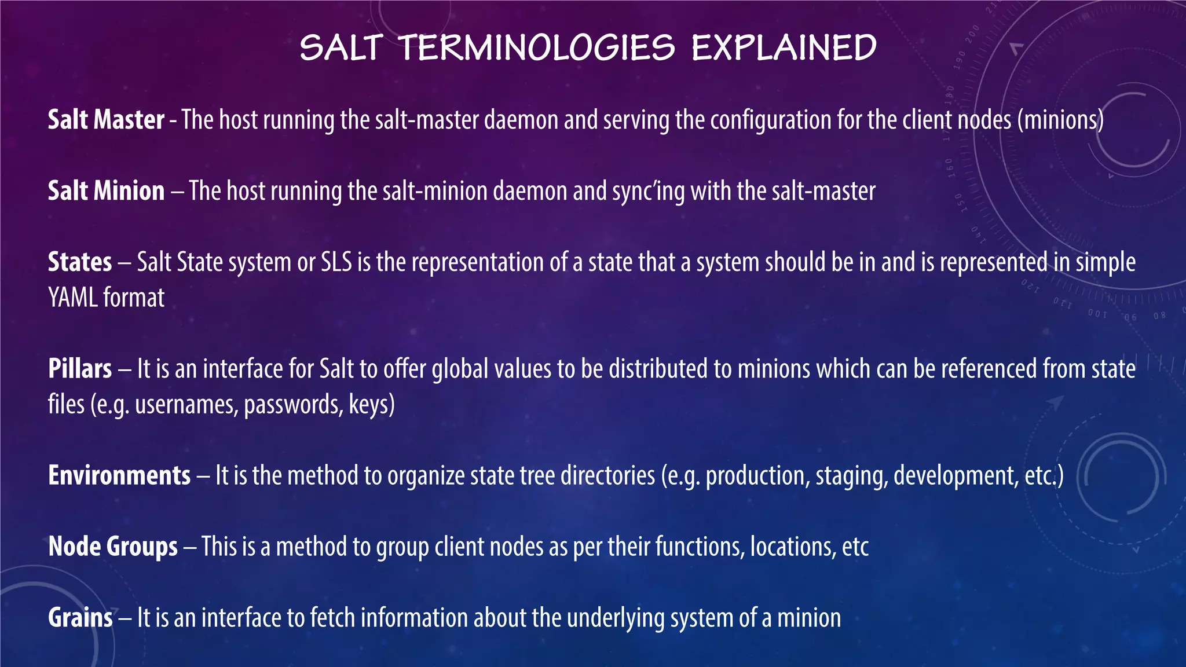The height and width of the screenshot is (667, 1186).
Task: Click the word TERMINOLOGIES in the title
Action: pos(537,47)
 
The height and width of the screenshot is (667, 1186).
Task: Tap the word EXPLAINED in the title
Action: pos(784,47)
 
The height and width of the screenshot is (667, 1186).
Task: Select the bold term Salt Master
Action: pos(106,120)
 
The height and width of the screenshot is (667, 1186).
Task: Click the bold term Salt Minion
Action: pos(106,191)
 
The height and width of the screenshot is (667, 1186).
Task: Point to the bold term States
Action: pos(80,262)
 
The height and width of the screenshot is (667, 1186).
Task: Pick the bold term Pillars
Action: pos(80,369)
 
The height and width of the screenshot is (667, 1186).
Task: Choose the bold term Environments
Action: pos(119,475)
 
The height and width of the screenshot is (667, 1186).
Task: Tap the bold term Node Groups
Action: pos(113,547)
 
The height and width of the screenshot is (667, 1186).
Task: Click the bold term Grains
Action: pos(80,618)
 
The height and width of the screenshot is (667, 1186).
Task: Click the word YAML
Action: pos(73,298)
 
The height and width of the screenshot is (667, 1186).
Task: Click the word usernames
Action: pos(186,405)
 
